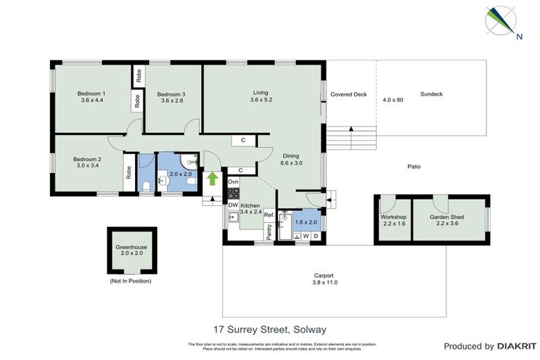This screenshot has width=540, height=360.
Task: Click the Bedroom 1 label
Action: pos(91,94)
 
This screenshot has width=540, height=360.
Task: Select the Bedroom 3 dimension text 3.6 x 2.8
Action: pos(171,101)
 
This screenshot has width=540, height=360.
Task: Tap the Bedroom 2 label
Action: pos(87,160)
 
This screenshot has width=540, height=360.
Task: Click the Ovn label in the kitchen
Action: pos(233,182)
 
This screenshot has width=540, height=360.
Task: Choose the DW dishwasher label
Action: pos(233,205)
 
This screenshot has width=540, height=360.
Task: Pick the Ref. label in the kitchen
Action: pos(268,214)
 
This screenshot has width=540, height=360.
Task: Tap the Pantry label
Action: pos(269,231)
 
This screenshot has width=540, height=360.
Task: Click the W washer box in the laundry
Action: pos(306,236)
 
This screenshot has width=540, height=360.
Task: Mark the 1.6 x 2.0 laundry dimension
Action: pos(307,222)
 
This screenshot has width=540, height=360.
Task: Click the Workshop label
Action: pos(394,217)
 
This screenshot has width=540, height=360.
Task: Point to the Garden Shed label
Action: pos(448,217)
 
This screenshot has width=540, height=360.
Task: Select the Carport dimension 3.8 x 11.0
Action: pos(323,282)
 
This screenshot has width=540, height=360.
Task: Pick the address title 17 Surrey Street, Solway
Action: pos(270,328)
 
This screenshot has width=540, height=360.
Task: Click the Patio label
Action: pos(414,167)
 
